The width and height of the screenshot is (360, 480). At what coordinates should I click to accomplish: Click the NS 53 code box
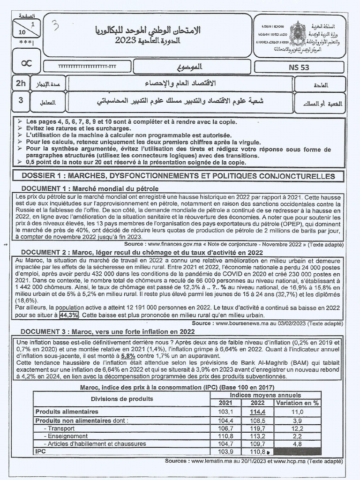tap(299, 67)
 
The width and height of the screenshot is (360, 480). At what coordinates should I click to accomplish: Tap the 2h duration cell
tap(21, 83)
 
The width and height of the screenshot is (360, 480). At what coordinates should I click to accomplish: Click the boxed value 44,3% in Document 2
tap(69, 315)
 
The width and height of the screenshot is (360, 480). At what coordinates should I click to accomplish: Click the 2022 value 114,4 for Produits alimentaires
tap(258, 411)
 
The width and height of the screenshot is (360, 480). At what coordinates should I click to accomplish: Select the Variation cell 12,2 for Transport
tap(297, 428)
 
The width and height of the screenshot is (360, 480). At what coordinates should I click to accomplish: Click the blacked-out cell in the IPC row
tap(297, 452)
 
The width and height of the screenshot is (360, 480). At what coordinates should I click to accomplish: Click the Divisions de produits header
tap(122, 399)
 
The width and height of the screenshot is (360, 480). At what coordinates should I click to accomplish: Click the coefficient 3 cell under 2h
tap(21, 100)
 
